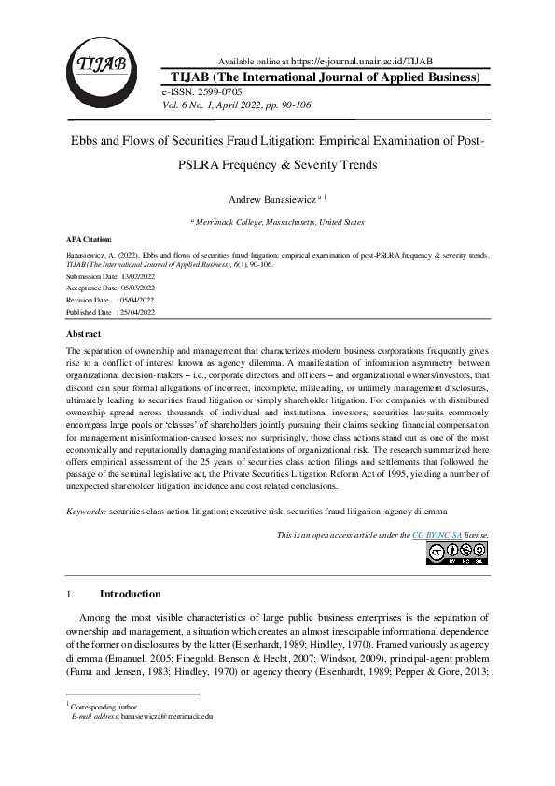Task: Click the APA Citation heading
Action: coord(92,239)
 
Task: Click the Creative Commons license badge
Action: coord(457,553)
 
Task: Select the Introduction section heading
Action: coord(130,594)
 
